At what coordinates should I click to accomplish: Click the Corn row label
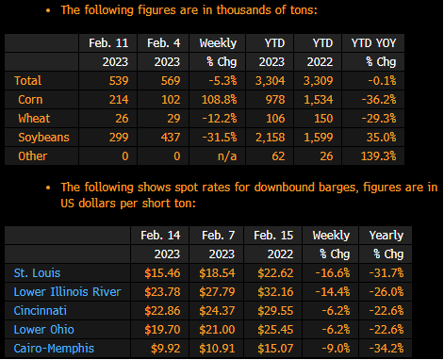coord(30,100)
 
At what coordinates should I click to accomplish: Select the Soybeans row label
coord(43,138)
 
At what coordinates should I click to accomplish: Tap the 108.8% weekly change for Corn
coord(219,100)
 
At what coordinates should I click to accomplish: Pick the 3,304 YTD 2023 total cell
coord(271,81)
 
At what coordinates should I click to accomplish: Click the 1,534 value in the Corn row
coord(318,100)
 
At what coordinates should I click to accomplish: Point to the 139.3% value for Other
coord(378,156)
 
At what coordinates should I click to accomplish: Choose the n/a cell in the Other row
coord(227,156)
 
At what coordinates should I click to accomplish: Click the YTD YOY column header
coord(373,43)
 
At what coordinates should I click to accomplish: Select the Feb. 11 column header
coord(108,43)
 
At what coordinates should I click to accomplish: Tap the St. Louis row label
coord(37,273)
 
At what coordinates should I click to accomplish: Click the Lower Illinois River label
coord(67,292)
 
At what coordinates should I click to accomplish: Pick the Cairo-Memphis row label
coord(54,349)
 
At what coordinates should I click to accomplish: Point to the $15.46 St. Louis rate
coord(162,273)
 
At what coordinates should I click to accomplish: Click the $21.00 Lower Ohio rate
coord(217,330)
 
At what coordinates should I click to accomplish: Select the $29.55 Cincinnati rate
coord(275,311)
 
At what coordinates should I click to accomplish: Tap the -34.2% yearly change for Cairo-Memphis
coord(386,349)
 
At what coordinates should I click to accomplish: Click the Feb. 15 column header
coord(273,236)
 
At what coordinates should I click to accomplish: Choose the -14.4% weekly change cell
coord(333,292)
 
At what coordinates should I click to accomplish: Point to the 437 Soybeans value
coord(171,138)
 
